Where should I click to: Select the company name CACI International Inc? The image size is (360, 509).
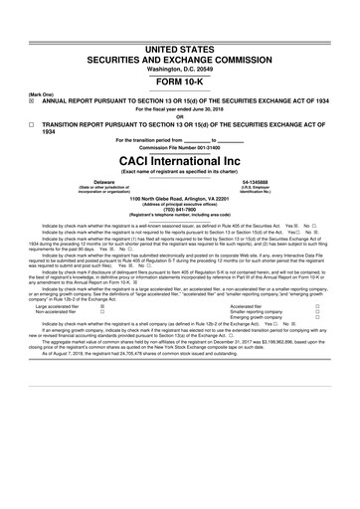[x=180, y=159]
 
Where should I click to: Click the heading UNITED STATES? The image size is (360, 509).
[x=180, y=21]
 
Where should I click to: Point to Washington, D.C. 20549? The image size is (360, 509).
[x=180, y=43]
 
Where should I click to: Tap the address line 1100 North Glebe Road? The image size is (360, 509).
[x=180, y=199]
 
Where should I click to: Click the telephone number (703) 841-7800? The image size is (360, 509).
[x=180, y=209]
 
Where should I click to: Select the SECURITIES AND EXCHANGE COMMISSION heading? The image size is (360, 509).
[x=180, y=33]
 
